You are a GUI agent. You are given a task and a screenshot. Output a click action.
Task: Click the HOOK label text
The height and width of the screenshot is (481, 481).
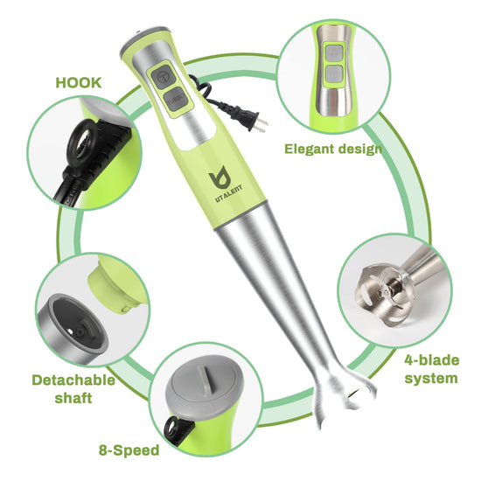(79, 83)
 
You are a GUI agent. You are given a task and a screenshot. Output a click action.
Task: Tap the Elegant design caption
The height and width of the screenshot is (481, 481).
(333, 149)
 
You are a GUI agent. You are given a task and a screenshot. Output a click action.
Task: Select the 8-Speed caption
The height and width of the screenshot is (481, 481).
(129, 450)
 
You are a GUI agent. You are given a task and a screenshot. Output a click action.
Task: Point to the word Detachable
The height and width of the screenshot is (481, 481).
(73, 380)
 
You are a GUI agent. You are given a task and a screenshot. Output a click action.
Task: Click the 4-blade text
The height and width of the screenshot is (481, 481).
(432, 360)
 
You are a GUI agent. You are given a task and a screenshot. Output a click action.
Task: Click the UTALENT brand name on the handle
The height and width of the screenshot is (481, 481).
(229, 194)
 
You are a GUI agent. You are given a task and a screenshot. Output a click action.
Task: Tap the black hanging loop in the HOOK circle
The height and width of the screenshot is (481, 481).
(82, 140)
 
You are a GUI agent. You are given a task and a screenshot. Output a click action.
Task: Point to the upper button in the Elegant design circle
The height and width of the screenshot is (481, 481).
(334, 52)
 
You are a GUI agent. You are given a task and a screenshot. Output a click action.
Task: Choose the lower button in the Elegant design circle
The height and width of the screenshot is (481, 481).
(334, 73)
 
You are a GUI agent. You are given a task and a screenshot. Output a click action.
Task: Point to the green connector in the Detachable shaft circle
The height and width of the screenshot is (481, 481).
(116, 285)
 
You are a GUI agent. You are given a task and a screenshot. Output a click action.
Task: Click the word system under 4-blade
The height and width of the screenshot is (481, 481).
(431, 378)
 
